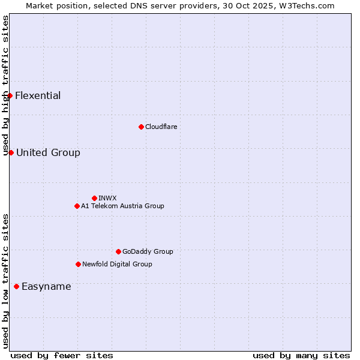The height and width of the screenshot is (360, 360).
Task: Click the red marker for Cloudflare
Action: pyautogui.click(x=141, y=127)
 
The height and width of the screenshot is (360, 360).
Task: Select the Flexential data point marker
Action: pyautogui.click(x=10, y=95)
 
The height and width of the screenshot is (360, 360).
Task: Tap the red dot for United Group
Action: pyautogui.click(x=11, y=152)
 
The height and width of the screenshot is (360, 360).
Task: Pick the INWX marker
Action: pyautogui.click(x=94, y=198)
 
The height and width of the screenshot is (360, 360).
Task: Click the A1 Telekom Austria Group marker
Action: pyautogui.click(x=77, y=206)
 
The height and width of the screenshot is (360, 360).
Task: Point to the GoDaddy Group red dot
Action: pyautogui.click(x=118, y=251)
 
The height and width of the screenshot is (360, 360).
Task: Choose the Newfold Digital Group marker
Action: pyautogui.click(x=78, y=264)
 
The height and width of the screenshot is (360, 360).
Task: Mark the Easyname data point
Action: pyautogui.click(x=16, y=286)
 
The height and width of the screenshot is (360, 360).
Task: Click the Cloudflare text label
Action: pyautogui.click(x=161, y=127)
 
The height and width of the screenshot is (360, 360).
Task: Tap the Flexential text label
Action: pyautogui.click(x=38, y=95)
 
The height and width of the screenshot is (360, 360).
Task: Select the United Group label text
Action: pyautogui.click(x=48, y=152)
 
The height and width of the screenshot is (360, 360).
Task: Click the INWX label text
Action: pyautogui.click(x=107, y=198)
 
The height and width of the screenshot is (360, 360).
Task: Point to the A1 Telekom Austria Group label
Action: pyautogui.click(x=122, y=206)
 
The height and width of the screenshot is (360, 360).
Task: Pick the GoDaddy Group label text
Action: pyautogui.click(x=148, y=251)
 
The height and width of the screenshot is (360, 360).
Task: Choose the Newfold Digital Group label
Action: pyautogui.click(x=117, y=264)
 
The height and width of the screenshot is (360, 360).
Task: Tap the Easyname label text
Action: pyautogui.click(x=46, y=286)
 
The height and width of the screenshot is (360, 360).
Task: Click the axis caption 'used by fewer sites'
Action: pyautogui.click(x=62, y=355)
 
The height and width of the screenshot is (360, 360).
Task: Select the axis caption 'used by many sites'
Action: pyautogui.click(x=301, y=355)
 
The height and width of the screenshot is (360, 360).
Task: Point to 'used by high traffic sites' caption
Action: pyautogui.click(x=5, y=86)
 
